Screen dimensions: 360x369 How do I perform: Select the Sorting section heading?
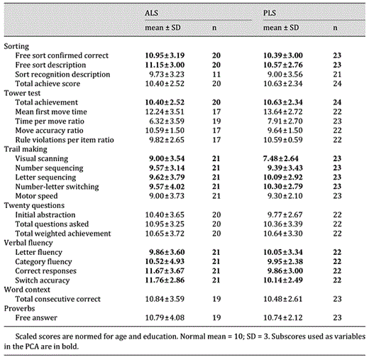[16, 46]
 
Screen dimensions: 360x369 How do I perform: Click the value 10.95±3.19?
[165, 55]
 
